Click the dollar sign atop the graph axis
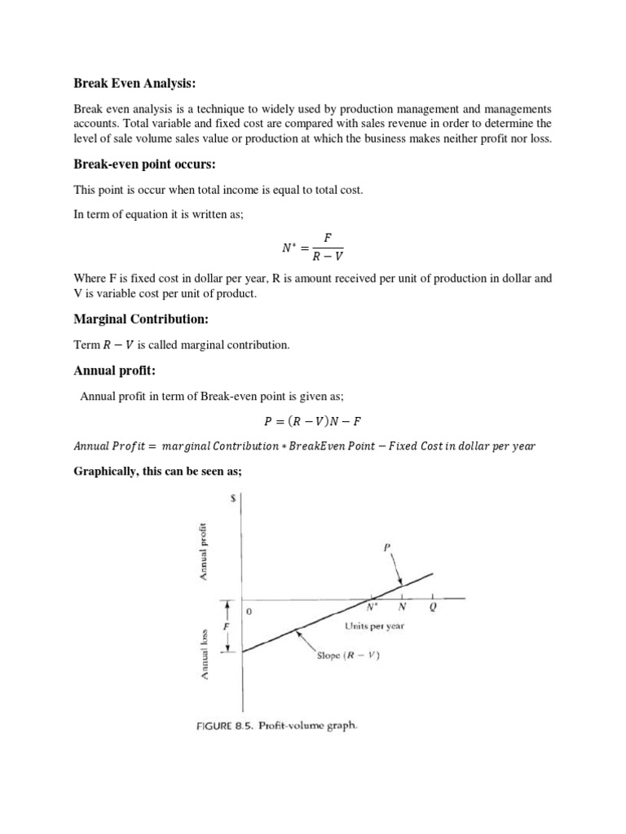pyautogui.click(x=234, y=501)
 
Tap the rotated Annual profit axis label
pyautogui.click(x=204, y=551)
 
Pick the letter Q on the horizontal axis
pyautogui.click(x=432, y=607)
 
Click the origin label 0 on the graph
pyautogui.click(x=249, y=611)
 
